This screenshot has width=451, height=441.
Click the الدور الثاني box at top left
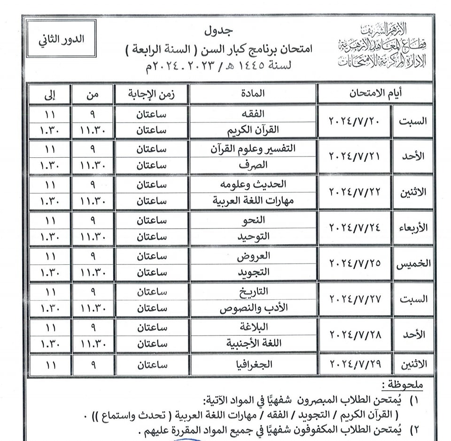pos(61,40)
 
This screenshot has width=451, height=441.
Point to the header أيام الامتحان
pos(374,93)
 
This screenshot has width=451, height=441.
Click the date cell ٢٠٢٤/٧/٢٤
pos(354,228)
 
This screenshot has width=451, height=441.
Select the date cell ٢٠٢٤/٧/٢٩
pos(354,364)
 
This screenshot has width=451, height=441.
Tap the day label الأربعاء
pos(412,228)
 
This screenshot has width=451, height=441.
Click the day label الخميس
pos(412,263)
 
